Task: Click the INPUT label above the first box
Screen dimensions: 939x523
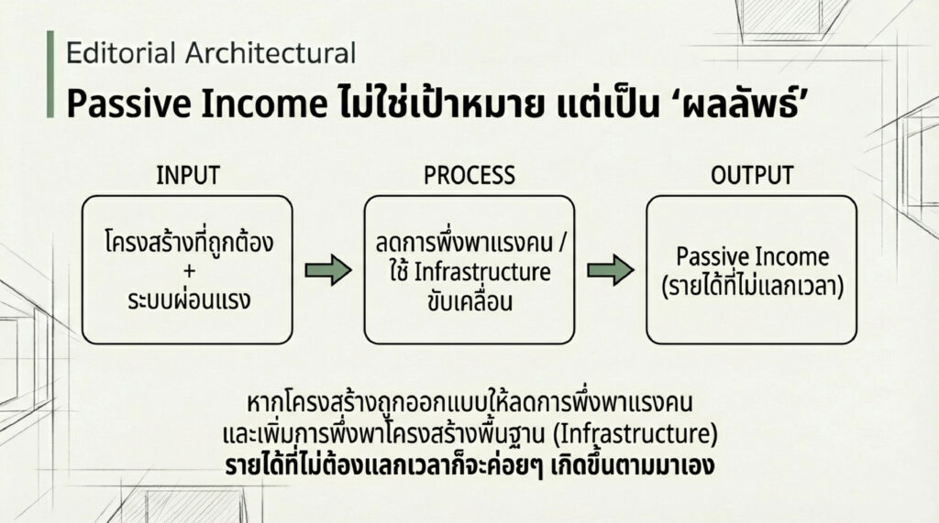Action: point(188,175)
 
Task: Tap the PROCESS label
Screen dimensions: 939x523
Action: point(469,175)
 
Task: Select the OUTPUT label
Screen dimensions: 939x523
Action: point(752,175)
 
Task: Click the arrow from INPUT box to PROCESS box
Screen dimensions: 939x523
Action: point(328,270)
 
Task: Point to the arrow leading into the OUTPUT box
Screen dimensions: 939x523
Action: point(610,270)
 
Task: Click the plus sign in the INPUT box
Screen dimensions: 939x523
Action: point(189,271)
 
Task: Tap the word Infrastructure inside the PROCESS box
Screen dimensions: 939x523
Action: point(482,272)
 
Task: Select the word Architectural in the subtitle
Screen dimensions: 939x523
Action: point(271,52)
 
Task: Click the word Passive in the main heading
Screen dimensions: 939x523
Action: point(129,104)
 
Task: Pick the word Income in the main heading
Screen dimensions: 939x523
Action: point(265,104)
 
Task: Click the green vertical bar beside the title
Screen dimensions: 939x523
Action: point(50,74)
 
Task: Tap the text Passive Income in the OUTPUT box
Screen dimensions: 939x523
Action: point(752,256)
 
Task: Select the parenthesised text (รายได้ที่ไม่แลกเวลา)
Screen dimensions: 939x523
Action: point(752,286)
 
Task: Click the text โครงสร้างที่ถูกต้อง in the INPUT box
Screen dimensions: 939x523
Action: point(189,241)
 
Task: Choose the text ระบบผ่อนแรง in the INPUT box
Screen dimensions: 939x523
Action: point(189,300)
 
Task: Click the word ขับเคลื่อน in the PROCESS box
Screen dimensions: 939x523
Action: point(470,300)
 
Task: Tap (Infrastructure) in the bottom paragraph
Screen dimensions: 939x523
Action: point(635,434)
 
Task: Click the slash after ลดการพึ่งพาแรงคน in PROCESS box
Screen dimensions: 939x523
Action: point(560,244)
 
